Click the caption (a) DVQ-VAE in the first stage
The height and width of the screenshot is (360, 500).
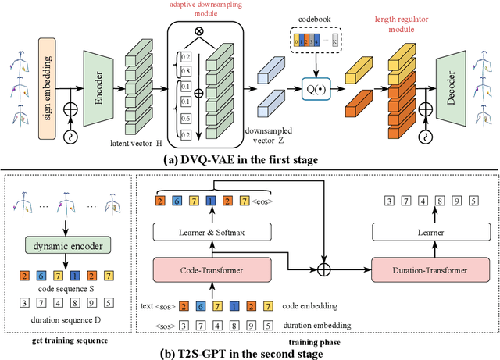249,161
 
